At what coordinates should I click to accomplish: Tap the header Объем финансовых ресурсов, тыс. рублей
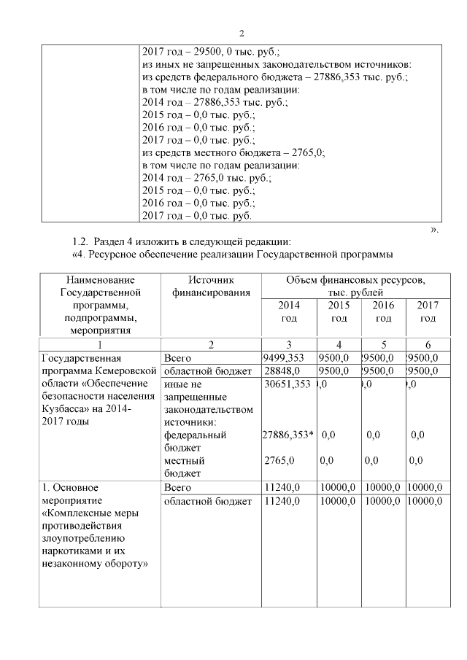coord(355,286)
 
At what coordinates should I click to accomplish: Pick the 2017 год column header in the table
coord(427,311)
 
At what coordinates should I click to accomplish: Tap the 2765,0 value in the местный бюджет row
coord(278,461)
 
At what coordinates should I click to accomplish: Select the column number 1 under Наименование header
coord(99,344)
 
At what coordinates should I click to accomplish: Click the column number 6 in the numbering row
coord(428,344)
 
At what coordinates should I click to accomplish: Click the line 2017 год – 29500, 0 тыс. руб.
coord(211,53)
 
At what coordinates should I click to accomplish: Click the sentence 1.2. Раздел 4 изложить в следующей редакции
coord(182,241)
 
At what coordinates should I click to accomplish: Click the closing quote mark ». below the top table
coord(436,229)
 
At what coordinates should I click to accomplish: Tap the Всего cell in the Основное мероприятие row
coord(178,487)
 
